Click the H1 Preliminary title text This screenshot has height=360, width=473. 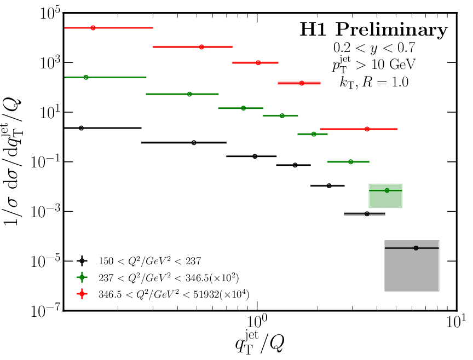coord(373,30)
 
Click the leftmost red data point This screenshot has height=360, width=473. coord(93,27)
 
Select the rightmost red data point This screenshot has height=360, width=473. coord(367,129)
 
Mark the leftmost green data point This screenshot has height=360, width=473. coord(86,78)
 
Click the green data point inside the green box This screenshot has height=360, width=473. coord(387,190)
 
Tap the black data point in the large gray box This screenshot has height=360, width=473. coord(416,248)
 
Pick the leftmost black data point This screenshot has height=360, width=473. coord(82,128)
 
